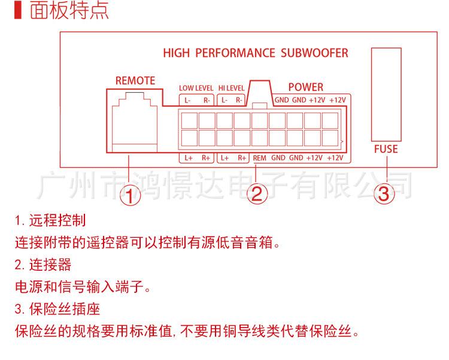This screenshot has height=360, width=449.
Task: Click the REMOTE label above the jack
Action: (135, 81)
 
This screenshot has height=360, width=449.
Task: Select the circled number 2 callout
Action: (257, 194)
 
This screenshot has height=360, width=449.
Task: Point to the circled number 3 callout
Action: (385, 194)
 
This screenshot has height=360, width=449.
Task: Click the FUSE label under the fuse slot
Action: (386, 149)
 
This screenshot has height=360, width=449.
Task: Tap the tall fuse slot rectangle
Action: (386, 93)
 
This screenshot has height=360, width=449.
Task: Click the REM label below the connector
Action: (260, 158)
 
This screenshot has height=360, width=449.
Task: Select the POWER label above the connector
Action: (305, 87)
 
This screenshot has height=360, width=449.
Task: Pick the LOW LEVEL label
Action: (195, 88)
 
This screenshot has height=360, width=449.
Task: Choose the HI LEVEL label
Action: (231, 88)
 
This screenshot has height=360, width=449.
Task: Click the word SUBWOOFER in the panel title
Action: (314, 53)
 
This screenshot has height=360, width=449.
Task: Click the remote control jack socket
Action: (135, 120)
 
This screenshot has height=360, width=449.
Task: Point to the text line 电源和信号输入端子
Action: (82, 287)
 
